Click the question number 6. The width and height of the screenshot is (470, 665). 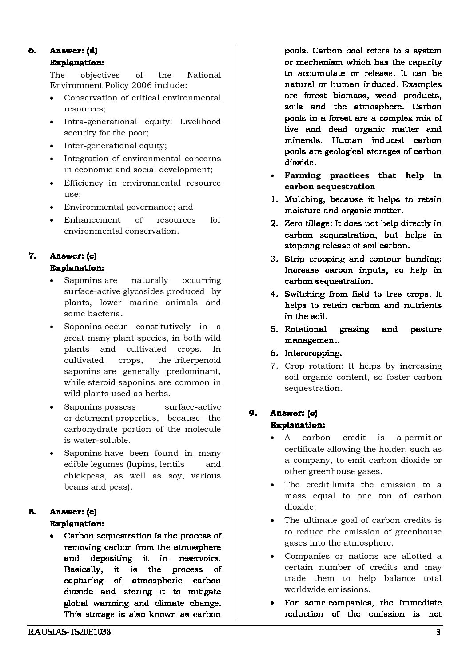tap(32, 51)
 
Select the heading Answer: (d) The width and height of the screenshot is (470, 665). tap(73, 51)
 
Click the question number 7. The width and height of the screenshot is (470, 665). tap(32, 255)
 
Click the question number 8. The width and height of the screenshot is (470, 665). tap(32, 512)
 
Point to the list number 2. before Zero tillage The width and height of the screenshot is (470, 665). tap(274, 223)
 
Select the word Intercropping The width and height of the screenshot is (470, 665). tap(313, 353)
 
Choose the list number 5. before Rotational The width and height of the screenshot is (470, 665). tap(274, 329)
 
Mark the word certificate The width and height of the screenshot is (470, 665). tap(304, 449)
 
